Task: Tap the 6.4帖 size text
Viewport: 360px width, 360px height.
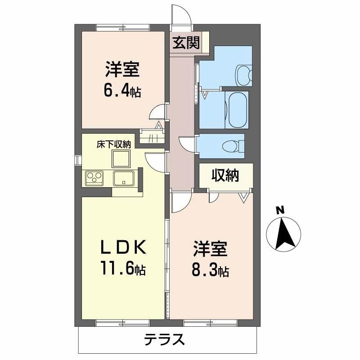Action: [x=122, y=91]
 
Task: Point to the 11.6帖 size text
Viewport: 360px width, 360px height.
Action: [x=122, y=269]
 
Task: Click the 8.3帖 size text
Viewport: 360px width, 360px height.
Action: [x=210, y=270]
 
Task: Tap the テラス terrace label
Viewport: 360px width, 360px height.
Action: [x=165, y=339]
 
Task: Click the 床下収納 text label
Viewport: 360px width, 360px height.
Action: [x=114, y=144]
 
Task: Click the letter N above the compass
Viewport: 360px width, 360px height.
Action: [x=280, y=209]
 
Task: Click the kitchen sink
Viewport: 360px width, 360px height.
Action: [x=122, y=178]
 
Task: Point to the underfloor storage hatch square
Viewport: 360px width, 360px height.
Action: [x=121, y=158]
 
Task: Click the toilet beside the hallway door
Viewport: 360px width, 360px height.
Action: [x=234, y=145]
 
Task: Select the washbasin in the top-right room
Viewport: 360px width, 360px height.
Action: [x=244, y=73]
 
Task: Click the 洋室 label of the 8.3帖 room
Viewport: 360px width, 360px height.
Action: [x=210, y=249]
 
